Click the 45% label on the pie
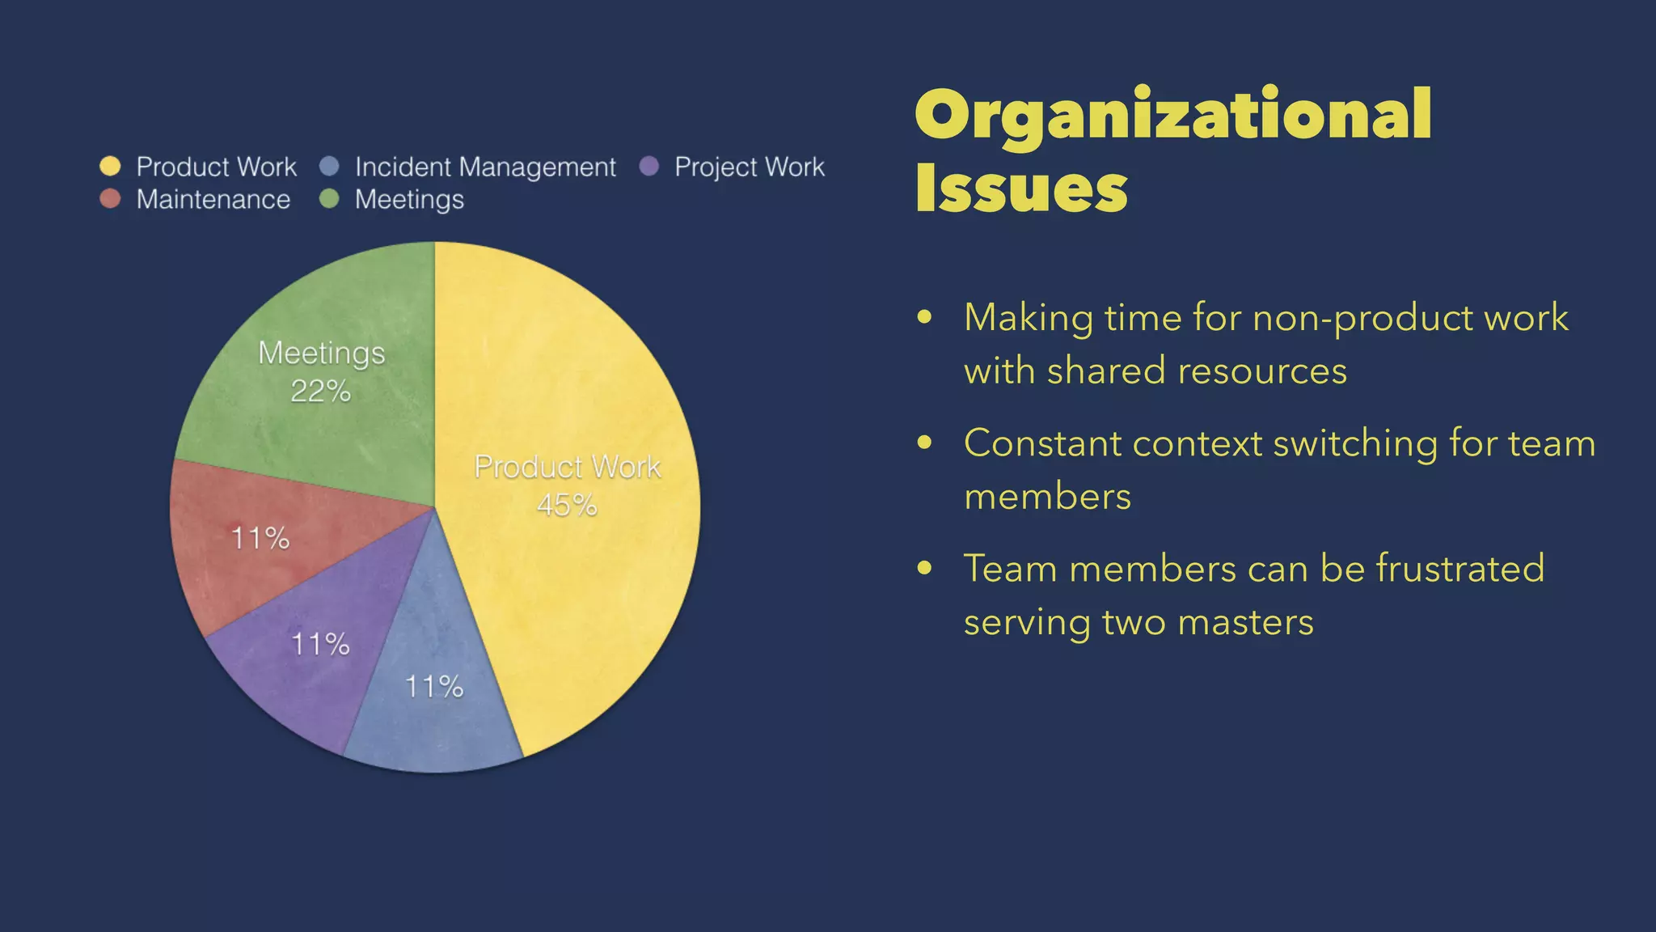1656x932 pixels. (x=567, y=506)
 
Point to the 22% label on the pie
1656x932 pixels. (x=320, y=392)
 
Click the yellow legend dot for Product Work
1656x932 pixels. (x=110, y=167)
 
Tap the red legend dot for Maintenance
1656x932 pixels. (x=110, y=199)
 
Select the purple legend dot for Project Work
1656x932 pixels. (x=648, y=167)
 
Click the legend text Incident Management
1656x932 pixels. (x=485, y=167)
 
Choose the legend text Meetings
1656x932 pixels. (x=409, y=200)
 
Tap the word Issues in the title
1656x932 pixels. (x=1021, y=189)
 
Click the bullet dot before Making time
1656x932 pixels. (x=925, y=317)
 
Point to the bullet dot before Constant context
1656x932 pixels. (x=925, y=443)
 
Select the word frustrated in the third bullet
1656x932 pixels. (x=1460, y=568)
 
